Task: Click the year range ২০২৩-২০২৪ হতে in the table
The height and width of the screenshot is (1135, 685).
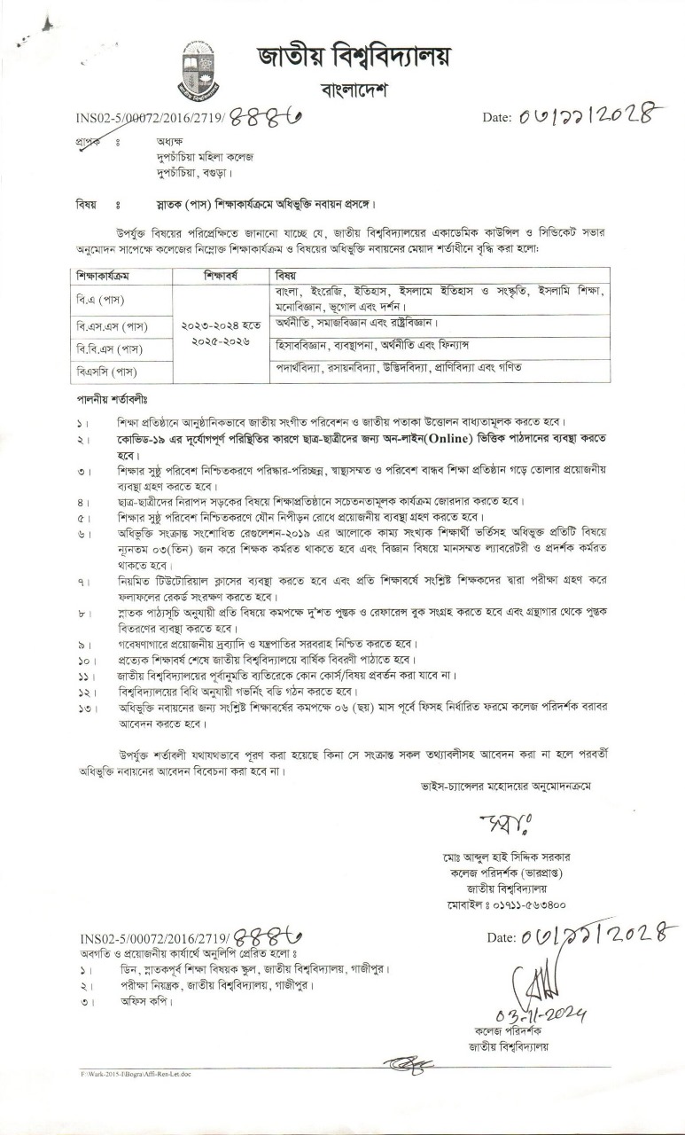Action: coord(222,327)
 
